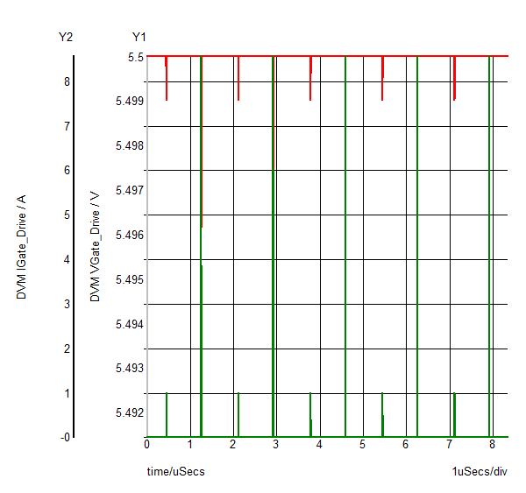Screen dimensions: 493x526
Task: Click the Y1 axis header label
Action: (139, 37)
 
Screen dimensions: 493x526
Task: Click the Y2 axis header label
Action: (66, 37)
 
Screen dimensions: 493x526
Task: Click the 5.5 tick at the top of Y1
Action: (135, 57)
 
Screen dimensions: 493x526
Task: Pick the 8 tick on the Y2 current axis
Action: (67, 81)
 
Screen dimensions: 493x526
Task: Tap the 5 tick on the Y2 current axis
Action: (67, 215)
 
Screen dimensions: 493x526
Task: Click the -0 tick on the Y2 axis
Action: (65, 436)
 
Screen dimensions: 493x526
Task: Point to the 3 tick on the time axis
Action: (276, 445)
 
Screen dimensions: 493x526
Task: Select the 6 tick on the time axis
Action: (405, 445)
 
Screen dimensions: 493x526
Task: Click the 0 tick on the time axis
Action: (147, 445)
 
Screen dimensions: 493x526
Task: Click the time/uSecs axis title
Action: (176, 472)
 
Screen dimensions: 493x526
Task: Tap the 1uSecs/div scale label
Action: (480, 472)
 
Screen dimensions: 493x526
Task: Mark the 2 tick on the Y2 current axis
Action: (67, 348)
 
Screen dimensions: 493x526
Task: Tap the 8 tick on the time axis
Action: (492, 445)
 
